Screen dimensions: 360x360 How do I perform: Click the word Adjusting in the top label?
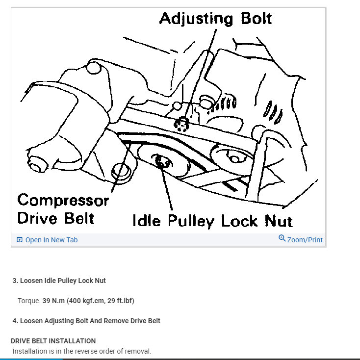coord(196,19)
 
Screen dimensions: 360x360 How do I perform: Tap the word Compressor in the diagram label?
coord(63,201)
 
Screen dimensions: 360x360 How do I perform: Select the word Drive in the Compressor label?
coord(39,218)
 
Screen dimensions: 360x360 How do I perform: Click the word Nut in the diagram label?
coord(278,221)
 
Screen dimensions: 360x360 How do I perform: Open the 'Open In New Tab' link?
coord(51,240)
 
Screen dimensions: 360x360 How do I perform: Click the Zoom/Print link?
coord(305,240)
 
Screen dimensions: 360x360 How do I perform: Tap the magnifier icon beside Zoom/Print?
coord(282,238)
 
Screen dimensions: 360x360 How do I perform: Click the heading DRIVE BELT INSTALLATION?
coord(53,341)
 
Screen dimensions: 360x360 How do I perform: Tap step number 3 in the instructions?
coord(15,281)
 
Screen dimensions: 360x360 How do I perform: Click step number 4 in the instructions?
coord(15,321)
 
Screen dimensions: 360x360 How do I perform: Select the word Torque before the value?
coord(28,301)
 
